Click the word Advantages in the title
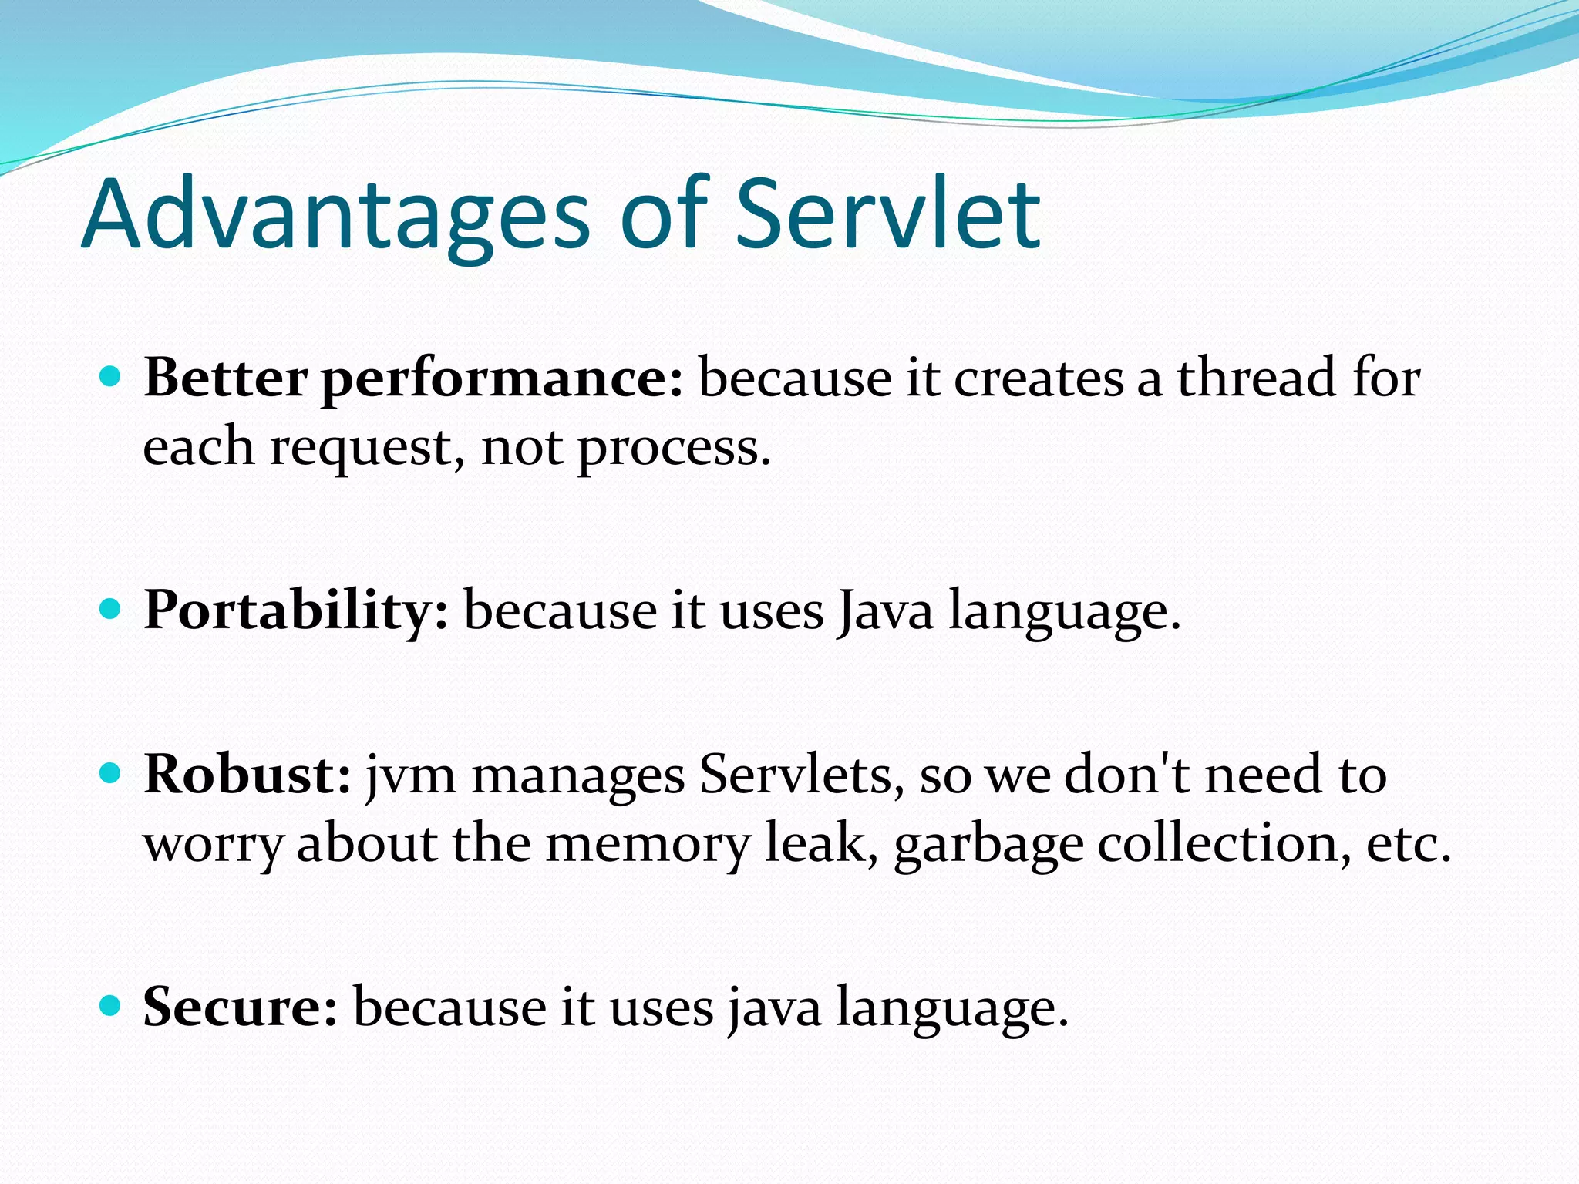coord(335,216)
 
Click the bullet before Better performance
coord(112,377)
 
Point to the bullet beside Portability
coord(112,610)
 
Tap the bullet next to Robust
coord(112,773)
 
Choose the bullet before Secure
coord(112,1006)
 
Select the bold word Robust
coord(247,774)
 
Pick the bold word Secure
coord(240,1007)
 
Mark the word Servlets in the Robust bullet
coord(802,775)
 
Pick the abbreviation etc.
coord(1408,844)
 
